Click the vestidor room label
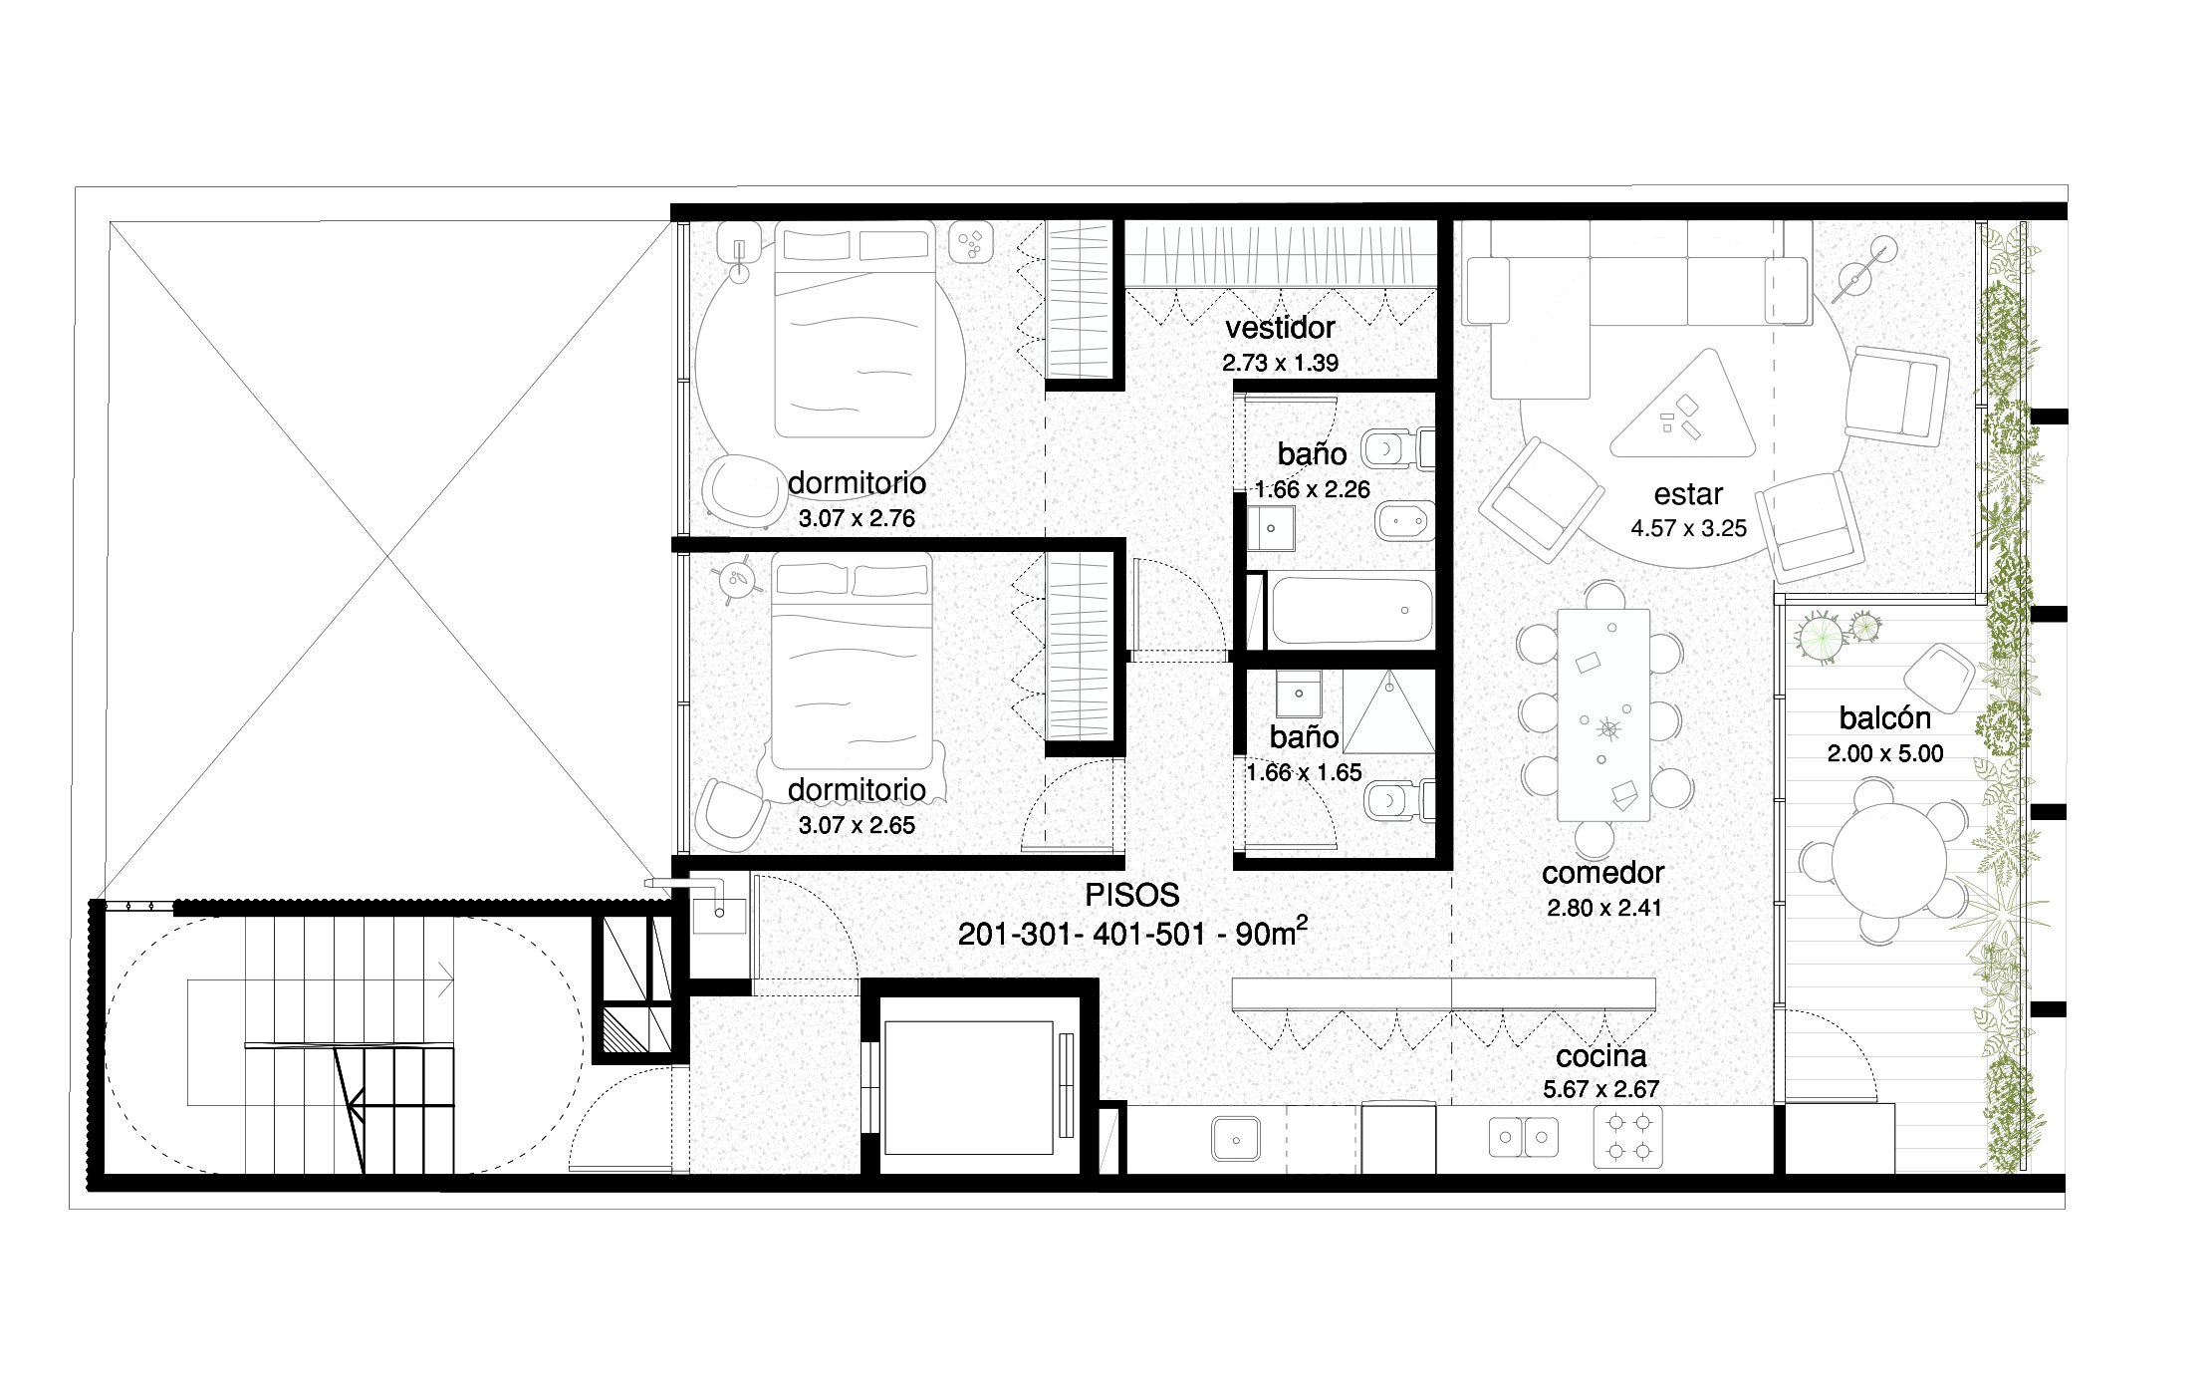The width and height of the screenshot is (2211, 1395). pyautogui.click(x=1280, y=328)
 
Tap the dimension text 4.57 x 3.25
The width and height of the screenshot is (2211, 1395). pyautogui.click(x=1688, y=528)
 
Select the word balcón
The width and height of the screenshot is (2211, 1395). pyautogui.click(x=1884, y=717)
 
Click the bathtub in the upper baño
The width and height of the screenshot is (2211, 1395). pyautogui.click(x=1351, y=609)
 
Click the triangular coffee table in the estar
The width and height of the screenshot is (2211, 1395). pyautogui.click(x=1685, y=410)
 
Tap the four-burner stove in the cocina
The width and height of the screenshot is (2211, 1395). pyautogui.click(x=1627, y=1139)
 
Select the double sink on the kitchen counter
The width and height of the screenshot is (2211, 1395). pyautogui.click(x=1524, y=1137)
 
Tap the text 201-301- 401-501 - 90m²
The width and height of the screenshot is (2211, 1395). pyautogui.click(x=1131, y=934)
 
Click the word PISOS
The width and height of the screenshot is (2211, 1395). pyautogui.click(x=1131, y=895)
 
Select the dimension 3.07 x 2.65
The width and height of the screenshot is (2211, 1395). pyautogui.click(x=857, y=825)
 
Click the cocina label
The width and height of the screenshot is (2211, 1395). pyautogui.click(x=1600, y=1056)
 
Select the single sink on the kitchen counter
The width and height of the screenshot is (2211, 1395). pyautogui.click(x=1235, y=1138)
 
